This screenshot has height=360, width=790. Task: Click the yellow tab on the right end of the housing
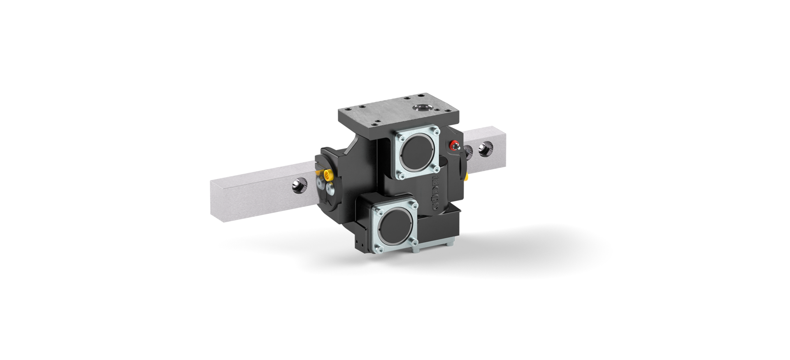point(466,177)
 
